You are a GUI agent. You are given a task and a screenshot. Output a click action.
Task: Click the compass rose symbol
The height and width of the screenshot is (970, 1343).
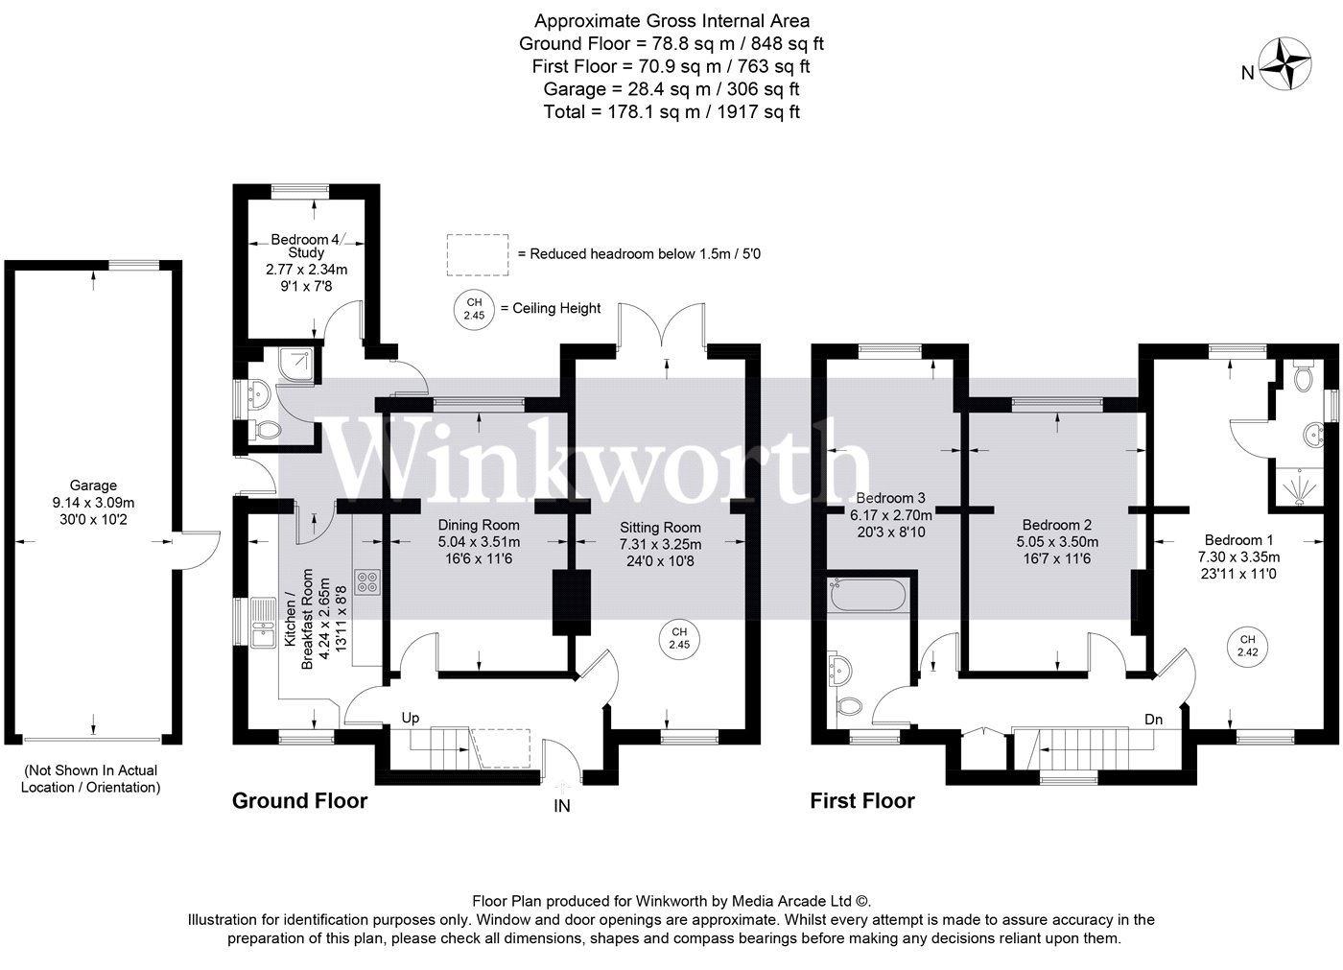(x=1284, y=64)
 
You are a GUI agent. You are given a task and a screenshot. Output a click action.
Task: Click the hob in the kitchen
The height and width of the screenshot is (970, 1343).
(x=366, y=580)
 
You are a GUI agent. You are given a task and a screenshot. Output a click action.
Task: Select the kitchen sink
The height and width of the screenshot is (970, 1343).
(x=263, y=623)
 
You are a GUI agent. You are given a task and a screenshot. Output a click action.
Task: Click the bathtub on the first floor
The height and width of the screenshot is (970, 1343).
(x=867, y=595)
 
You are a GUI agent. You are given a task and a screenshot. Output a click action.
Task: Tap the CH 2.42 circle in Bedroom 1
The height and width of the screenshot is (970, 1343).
(x=1247, y=647)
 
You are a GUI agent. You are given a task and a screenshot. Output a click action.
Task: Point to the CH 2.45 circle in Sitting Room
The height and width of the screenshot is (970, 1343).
(x=679, y=638)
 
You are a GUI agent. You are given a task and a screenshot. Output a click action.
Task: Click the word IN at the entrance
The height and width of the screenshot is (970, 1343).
(x=562, y=806)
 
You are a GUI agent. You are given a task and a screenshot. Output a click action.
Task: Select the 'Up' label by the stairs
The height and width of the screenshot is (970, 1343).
(x=411, y=718)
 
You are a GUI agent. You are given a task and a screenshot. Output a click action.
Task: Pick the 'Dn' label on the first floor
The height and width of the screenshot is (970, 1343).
(x=1153, y=720)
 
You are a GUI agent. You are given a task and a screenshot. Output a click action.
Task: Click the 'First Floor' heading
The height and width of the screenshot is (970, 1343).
(x=862, y=801)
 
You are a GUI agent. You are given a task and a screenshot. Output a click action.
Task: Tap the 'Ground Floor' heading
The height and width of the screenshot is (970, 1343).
(x=299, y=801)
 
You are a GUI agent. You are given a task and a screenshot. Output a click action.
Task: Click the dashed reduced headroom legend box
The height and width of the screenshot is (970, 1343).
(x=478, y=255)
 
